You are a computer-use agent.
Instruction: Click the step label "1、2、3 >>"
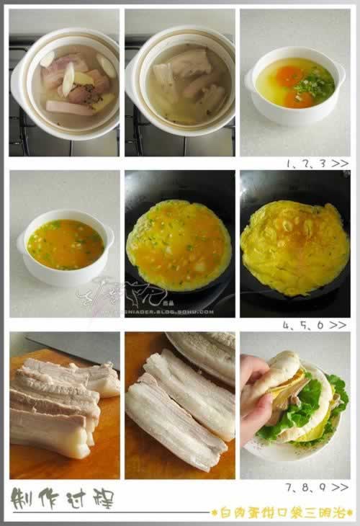pyautogui.click(x=316, y=164)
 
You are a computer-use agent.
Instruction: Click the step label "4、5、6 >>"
pyautogui.click(x=316, y=325)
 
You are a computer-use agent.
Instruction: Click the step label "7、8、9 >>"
pyautogui.click(x=316, y=488)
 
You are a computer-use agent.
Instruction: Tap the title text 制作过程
pyautogui.click(x=62, y=496)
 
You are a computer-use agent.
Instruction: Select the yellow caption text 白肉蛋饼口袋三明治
pyautogui.click(x=280, y=512)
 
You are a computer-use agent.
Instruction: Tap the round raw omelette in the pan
pyautogui.click(x=179, y=245)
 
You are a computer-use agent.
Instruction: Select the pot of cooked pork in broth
pyautogui.click(x=183, y=83)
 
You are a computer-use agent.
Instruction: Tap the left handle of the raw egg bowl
pyautogui.click(x=250, y=81)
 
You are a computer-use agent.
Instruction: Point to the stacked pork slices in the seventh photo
pyautogui.click(x=58, y=404)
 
